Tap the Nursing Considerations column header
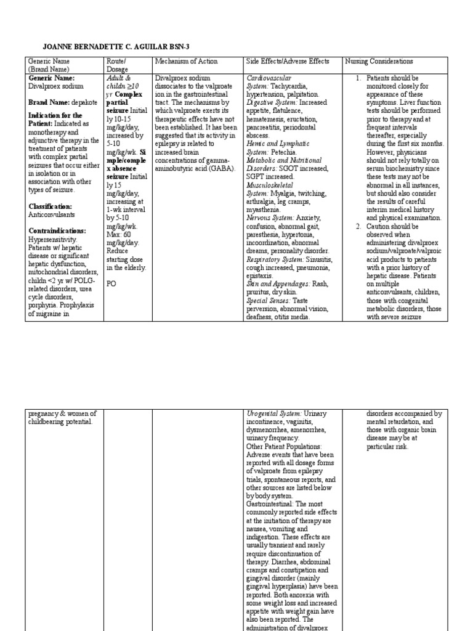379,62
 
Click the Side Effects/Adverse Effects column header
288,62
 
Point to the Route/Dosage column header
117,65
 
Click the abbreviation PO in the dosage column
112,284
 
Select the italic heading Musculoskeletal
270,184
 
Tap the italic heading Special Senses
265,300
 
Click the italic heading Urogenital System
273,413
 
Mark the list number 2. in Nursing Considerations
358,227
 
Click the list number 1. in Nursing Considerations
358,79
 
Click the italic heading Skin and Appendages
277,284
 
